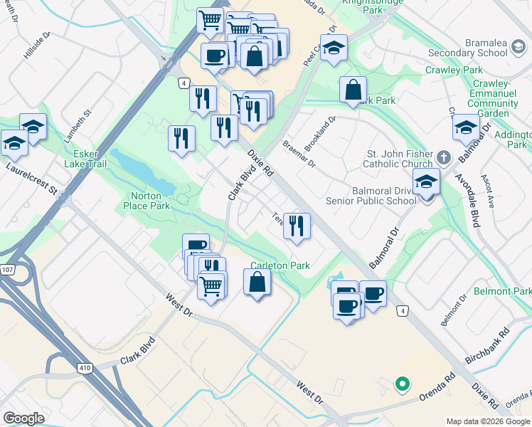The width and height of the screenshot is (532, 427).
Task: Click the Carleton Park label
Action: coord(280,265)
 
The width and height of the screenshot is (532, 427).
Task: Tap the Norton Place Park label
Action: coord(150,201)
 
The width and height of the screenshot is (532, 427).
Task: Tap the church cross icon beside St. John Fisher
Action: coord(442,156)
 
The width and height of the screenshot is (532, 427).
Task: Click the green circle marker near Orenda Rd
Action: coord(402,385)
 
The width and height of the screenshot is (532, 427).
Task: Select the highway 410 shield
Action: coord(85,367)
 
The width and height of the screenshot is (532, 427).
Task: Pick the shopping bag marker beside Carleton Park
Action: coord(257,283)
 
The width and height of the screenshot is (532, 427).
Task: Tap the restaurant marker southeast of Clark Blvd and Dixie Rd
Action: coord(297,226)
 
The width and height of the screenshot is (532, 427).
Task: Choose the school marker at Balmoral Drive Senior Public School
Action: coord(426,182)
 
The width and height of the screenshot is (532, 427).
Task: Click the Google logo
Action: coord(24,418)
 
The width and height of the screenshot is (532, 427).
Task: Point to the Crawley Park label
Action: coord(454,70)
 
